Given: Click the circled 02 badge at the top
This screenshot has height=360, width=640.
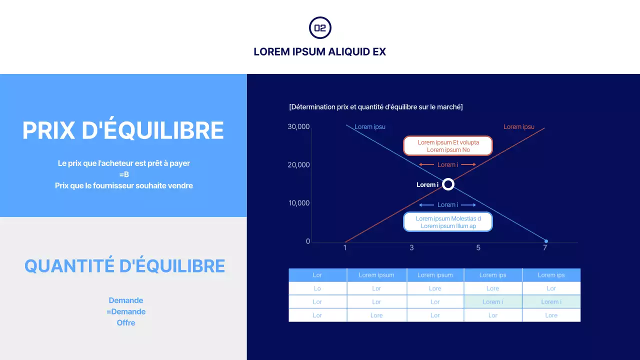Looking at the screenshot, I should pyautogui.click(x=320, y=28).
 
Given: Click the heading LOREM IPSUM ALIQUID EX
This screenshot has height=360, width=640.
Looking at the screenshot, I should pyautogui.click(x=320, y=51).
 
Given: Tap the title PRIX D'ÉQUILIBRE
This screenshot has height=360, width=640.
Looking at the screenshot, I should pyautogui.click(x=123, y=130).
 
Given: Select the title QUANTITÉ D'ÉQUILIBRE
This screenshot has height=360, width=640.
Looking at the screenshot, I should pyautogui.click(x=124, y=265).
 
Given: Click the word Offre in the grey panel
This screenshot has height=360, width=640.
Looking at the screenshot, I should pyautogui.click(x=126, y=322).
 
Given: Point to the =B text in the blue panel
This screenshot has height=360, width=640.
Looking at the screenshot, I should pyautogui.click(x=124, y=174).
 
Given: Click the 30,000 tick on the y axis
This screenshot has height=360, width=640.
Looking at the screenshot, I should pyautogui.click(x=299, y=126).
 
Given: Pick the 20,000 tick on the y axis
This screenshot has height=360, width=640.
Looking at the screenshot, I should pyautogui.click(x=299, y=165).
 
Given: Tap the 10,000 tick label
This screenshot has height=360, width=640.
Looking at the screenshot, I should pyautogui.click(x=299, y=203).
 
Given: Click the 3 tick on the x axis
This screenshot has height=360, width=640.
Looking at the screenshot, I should pyautogui.click(x=411, y=247).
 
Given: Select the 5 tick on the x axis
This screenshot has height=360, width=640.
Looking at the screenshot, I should pyautogui.click(x=478, y=247).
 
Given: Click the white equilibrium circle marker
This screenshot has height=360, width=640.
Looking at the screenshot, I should pyautogui.click(x=448, y=184).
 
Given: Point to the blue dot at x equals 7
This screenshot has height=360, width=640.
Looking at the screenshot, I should pyautogui.click(x=546, y=241).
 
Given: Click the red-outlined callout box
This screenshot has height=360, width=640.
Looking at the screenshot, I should pyautogui.click(x=448, y=146).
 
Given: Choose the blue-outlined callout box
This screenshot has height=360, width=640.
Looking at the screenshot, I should pyautogui.click(x=448, y=222).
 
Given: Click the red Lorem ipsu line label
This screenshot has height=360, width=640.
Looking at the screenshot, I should pyautogui.click(x=518, y=126).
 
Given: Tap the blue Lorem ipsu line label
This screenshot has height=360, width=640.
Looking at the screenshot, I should pyautogui.click(x=370, y=126).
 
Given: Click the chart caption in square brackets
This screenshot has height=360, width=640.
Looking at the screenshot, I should pyautogui.click(x=376, y=107).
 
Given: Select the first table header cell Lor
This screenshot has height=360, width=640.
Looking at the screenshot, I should pyautogui.click(x=317, y=275).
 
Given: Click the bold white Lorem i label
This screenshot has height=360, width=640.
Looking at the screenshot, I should pyautogui.click(x=427, y=185).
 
